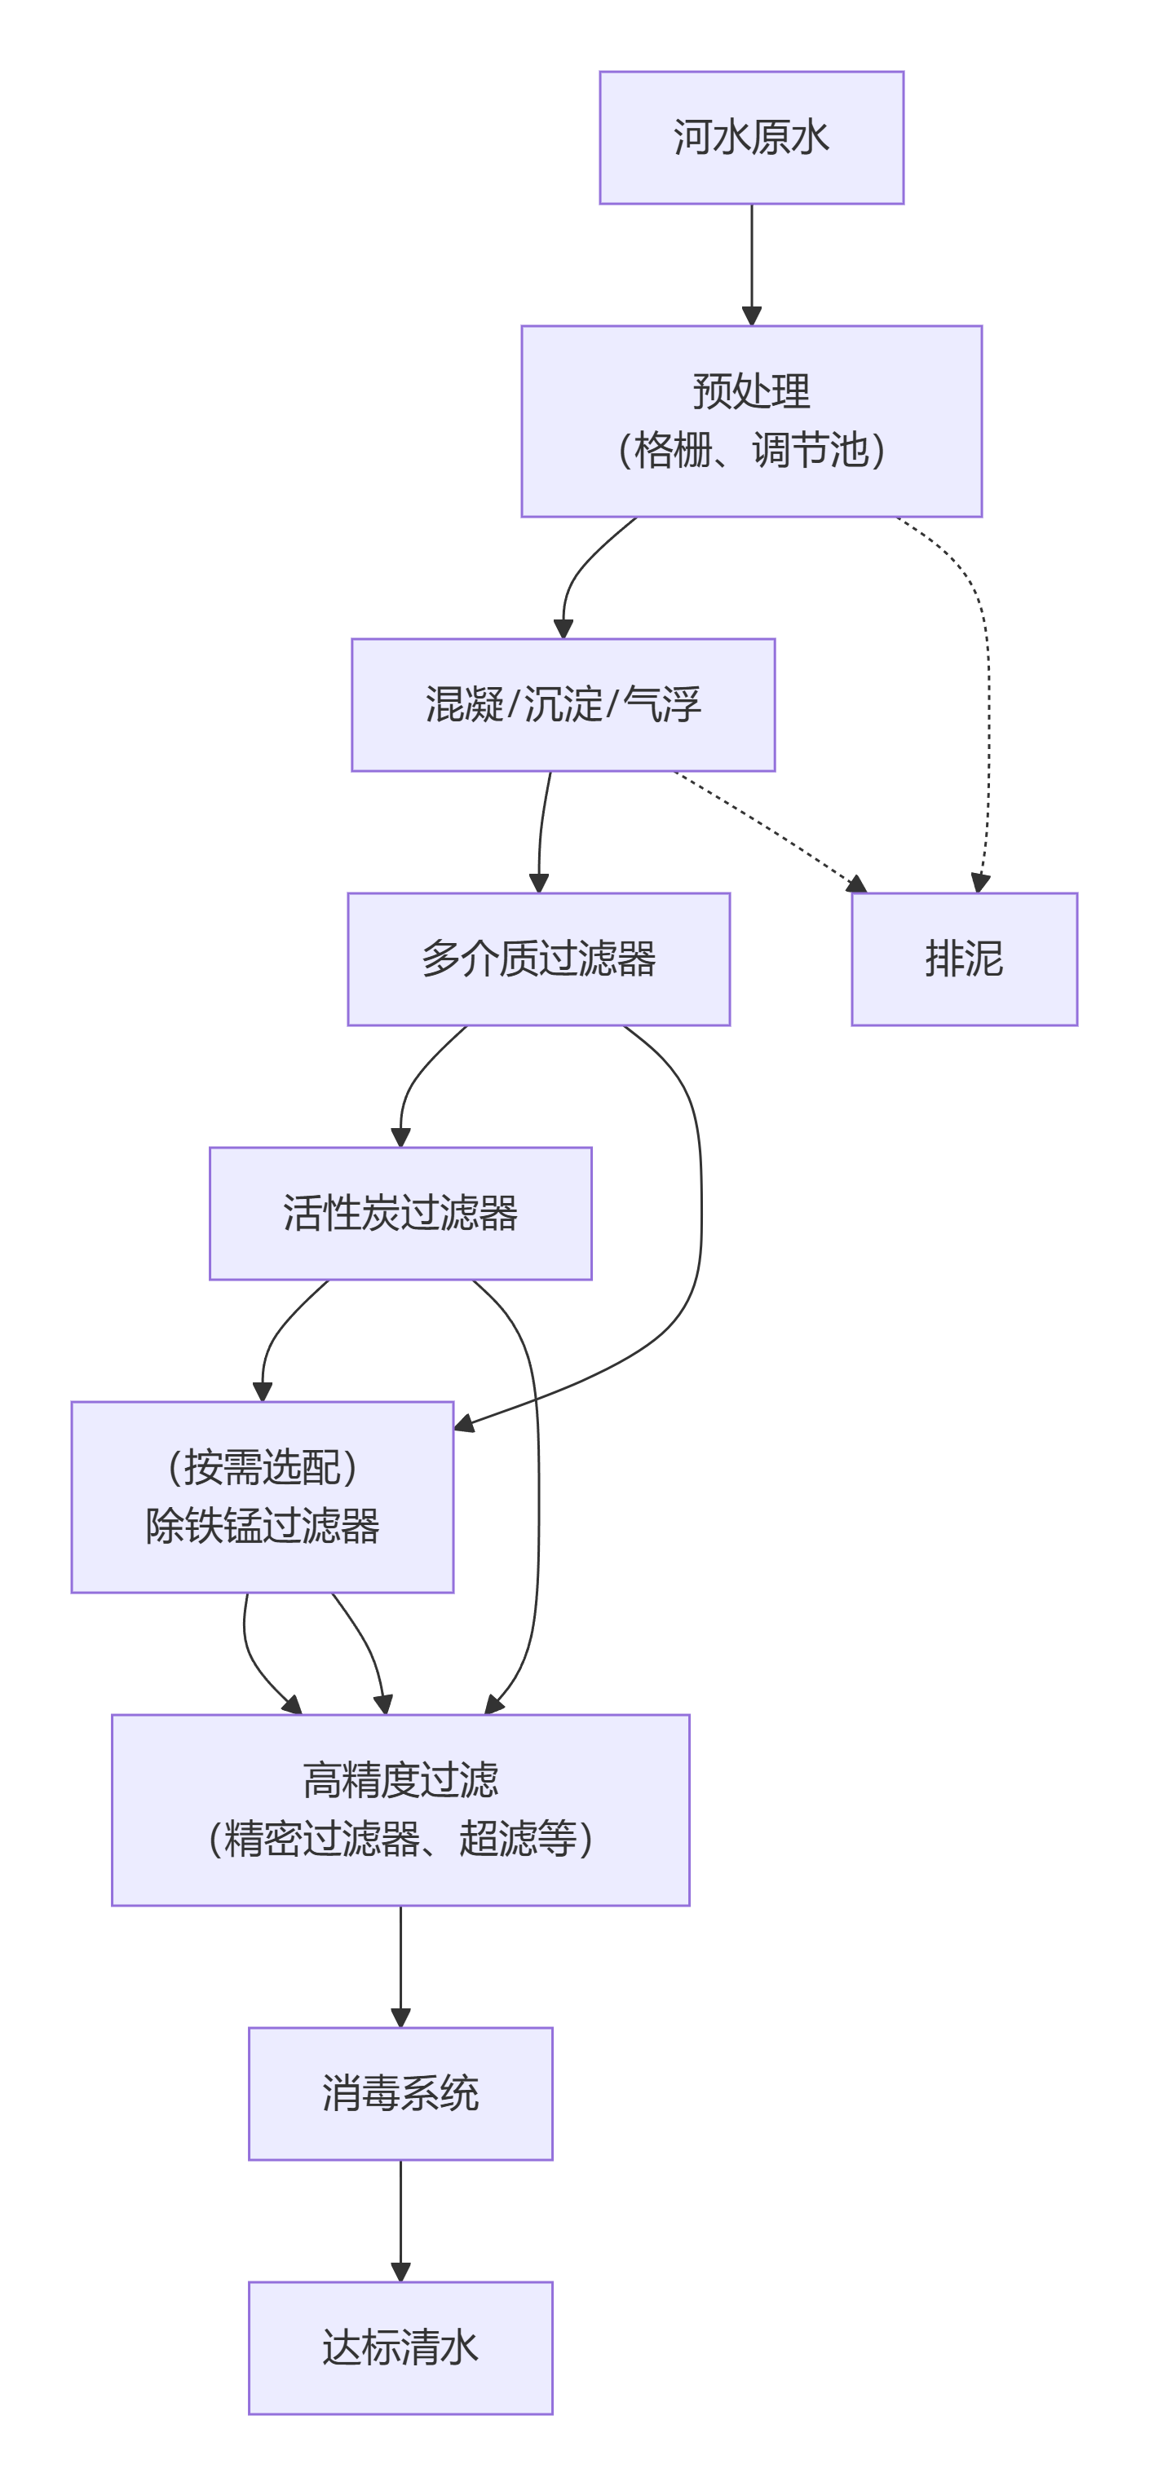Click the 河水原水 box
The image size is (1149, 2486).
click(x=751, y=137)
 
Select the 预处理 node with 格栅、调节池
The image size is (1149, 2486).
click(x=751, y=421)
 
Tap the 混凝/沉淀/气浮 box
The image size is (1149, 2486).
click(x=563, y=704)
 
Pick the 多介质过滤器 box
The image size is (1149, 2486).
click(x=539, y=959)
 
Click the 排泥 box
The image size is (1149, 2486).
click(x=964, y=959)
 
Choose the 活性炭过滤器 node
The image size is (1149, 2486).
click(x=400, y=1213)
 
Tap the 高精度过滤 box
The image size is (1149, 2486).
click(x=400, y=1809)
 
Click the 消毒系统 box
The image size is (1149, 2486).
click(x=400, y=2093)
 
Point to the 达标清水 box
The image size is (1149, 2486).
click(x=400, y=2348)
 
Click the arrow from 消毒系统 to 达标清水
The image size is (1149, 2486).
click(x=400, y=2219)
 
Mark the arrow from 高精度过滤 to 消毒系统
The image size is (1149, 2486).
click(x=400, y=1965)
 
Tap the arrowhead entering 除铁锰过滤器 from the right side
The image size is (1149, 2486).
click(x=463, y=1423)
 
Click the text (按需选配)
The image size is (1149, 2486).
click(x=262, y=1467)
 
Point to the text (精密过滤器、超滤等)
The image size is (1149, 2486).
click(x=400, y=1839)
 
